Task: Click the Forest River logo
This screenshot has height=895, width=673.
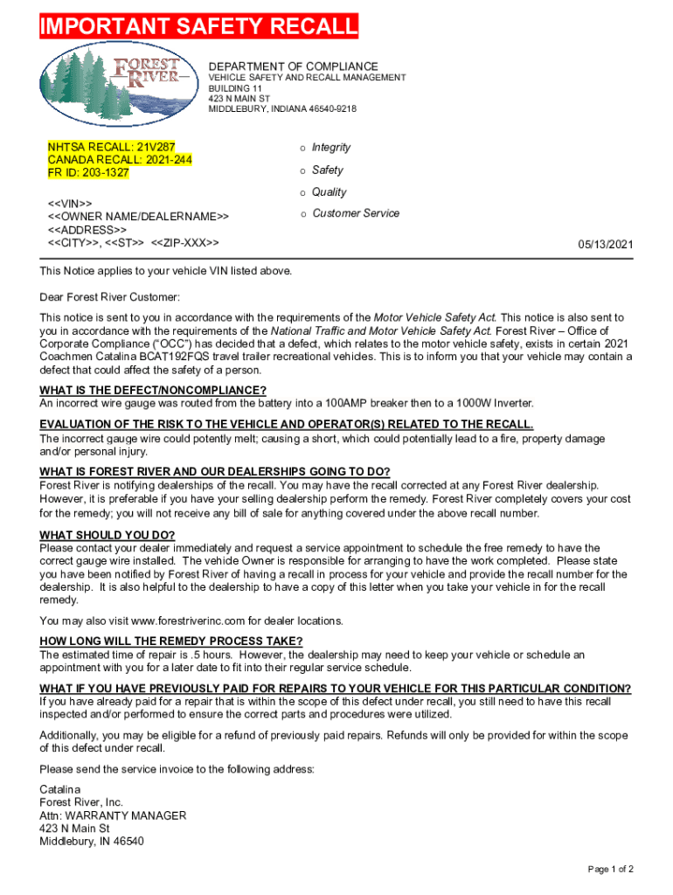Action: pyautogui.click(x=116, y=80)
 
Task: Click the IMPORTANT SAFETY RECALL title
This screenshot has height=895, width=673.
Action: pyautogui.click(x=198, y=28)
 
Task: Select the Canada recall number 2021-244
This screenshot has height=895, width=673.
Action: pyautogui.click(x=162, y=160)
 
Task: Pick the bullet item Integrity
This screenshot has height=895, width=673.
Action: pyautogui.click(x=331, y=147)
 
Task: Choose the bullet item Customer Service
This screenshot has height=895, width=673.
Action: pyautogui.click(x=356, y=213)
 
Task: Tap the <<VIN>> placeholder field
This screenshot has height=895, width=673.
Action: pyautogui.click(x=69, y=203)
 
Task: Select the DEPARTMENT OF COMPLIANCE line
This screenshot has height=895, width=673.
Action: pyautogui.click(x=293, y=66)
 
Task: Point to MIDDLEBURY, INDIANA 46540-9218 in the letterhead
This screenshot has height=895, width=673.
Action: pyautogui.click(x=281, y=109)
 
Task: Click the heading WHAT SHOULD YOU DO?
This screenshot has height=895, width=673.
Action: pyautogui.click(x=108, y=535)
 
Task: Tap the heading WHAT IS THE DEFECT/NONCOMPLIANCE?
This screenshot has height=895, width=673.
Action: pyautogui.click(x=153, y=390)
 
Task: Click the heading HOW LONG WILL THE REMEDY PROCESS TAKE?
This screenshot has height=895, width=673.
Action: pyautogui.click(x=171, y=641)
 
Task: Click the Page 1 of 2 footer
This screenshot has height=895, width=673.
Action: pyautogui.click(x=610, y=869)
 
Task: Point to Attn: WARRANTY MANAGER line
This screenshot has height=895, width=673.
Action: pyautogui.click(x=113, y=815)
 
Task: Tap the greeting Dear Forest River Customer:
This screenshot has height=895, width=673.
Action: pyautogui.click(x=109, y=297)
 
